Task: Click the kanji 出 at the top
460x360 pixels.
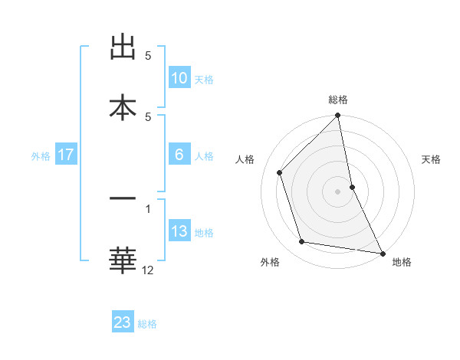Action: click(x=123, y=47)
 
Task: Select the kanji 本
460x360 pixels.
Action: click(x=123, y=108)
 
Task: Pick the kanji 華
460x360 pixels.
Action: click(x=123, y=260)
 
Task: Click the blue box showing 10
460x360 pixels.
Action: click(x=179, y=78)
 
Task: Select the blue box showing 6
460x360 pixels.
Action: click(x=179, y=155)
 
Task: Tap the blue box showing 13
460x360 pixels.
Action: click(x=179, y=231)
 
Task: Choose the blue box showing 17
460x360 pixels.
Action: click(x=66, y=155)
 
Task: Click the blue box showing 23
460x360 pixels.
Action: click(x=123, y=322)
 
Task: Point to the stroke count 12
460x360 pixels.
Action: click(x=148, y=270)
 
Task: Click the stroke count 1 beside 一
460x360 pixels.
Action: click(x=148, y=208)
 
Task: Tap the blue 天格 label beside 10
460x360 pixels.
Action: click(x=204, y=80)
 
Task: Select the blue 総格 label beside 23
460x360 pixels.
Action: click(x=147, y=324)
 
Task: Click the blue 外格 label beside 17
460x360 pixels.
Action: click(x=41, y=156)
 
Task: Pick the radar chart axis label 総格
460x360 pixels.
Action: click(x=338, y=100)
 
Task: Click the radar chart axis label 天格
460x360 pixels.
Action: click(x=432, y=159)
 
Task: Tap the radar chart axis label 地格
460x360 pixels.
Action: click(x=402, y=263)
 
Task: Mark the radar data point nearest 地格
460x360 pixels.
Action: click(x=382, y=253)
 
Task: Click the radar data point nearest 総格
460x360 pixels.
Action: click(x=338, y=116)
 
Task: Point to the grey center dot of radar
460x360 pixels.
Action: click(x=338, y=191)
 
